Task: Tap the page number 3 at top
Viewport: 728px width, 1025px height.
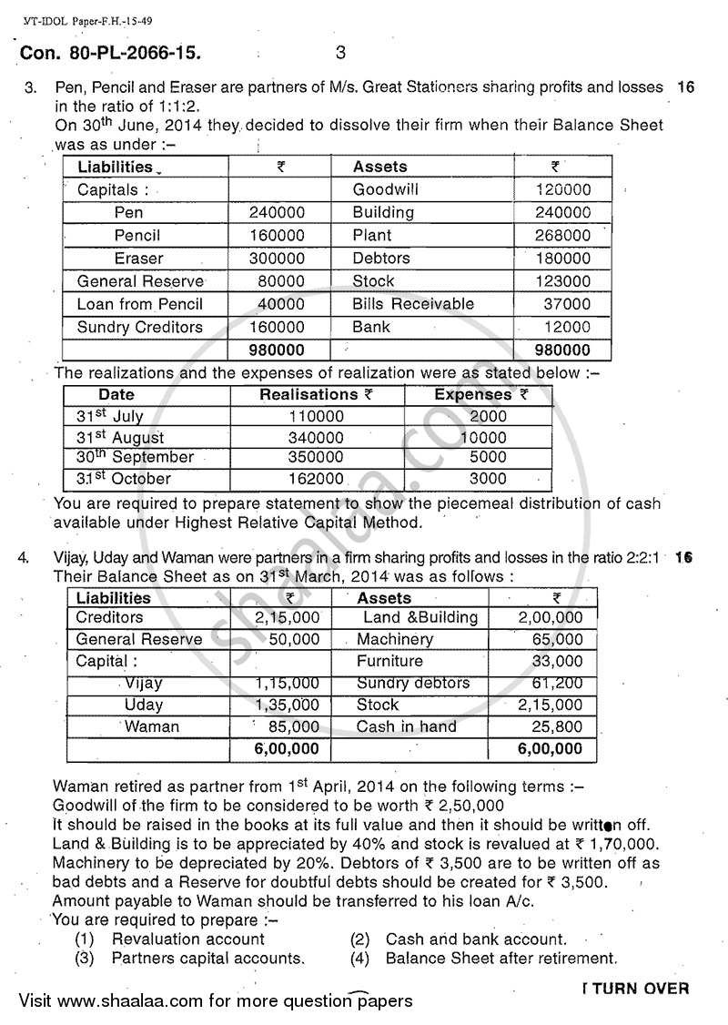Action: coord(340,53)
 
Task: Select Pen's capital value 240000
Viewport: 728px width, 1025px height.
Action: coord(277,213)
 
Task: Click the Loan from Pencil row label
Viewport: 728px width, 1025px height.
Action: coord(140,304)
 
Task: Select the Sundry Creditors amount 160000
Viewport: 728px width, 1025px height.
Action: coord(277,327)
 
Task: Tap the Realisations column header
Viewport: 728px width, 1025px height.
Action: coord(309,395)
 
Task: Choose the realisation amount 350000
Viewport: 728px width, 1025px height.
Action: coord(315,457)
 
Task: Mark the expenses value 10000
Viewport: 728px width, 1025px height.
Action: coord(484,437)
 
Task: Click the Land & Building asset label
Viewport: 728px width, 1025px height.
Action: coord(419,617)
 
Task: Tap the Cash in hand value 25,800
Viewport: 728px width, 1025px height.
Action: coord(555,726)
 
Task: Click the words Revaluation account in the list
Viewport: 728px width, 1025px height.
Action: coord(188,939)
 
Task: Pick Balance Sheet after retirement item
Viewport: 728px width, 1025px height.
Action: coord(501,958)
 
